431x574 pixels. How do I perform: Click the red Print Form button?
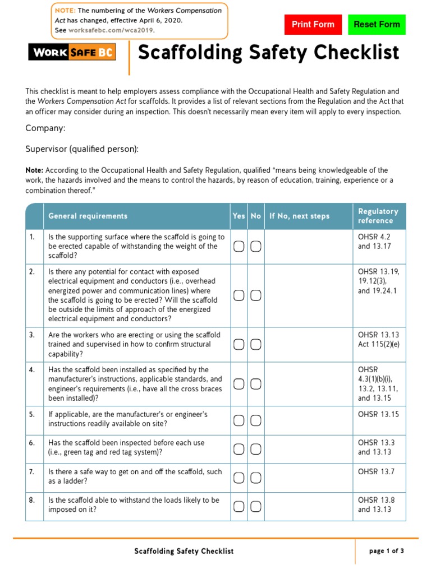[313, 25]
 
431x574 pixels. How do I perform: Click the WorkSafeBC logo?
[72, 53]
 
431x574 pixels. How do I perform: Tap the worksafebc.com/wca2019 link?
[111, 30]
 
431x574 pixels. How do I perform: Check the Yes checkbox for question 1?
[239, 247]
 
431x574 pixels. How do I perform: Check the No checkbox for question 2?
[255, 295]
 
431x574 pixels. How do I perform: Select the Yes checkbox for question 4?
[239, 384]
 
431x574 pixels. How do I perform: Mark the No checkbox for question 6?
[255, 448]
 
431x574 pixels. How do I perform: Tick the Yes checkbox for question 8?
[239, 507]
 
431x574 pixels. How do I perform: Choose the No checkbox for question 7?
[255, 478]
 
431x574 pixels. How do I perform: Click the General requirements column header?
[88, 216]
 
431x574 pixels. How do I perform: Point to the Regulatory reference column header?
[378, 216]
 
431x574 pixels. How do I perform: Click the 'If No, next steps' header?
[300, 216]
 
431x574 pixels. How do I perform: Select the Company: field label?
[45, 128]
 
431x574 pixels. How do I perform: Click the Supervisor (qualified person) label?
[82, 149]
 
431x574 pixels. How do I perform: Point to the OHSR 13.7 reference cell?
[376, 472]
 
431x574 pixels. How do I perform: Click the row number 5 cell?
[33, 415]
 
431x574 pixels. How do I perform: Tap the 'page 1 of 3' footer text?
[386, 551]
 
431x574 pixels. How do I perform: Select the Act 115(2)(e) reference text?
[379, 344]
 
